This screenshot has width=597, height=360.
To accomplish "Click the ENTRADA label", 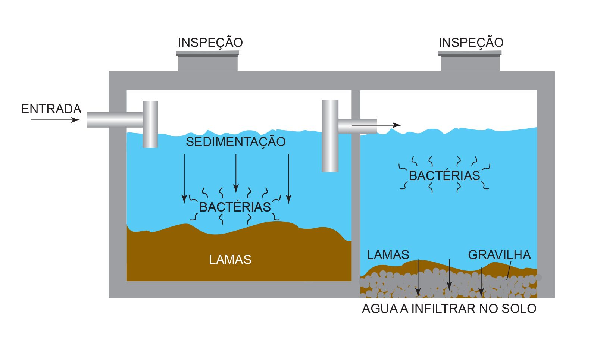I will coord(51,109).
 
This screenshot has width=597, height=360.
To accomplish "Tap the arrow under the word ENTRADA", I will coord(55,120).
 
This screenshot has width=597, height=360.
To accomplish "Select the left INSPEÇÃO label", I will coord(210,43).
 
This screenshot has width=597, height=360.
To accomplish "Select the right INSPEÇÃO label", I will coord(471,43).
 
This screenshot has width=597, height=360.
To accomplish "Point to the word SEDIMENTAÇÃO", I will coord(235,142).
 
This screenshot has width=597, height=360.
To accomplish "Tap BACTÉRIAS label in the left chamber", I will coord(235,207).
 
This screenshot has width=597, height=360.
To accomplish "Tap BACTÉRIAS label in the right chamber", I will coord(444,176).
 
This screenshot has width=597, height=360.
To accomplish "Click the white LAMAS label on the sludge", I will coord(230,260).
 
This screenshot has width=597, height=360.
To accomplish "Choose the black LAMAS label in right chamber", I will coord(388,255).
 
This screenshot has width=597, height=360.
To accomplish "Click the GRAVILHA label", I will coord(499,255).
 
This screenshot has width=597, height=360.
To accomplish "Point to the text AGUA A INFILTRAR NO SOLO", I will coord(449,309).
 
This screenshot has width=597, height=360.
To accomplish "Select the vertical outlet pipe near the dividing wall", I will coord(330,136).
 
